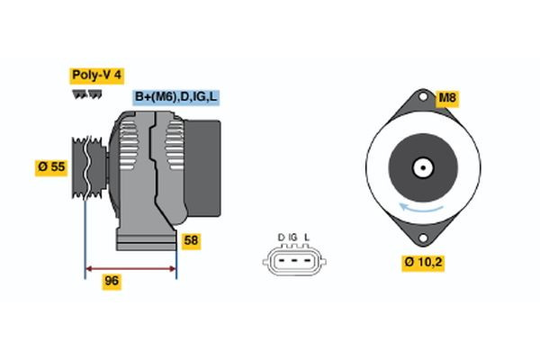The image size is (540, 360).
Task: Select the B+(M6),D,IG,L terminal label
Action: click(176, 97)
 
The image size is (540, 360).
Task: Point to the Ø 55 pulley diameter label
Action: click(52, 167)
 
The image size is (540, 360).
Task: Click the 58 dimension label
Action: click(191, 240)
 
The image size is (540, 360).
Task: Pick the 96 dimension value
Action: click(112, 281)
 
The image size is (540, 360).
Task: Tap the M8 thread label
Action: click(447, 98)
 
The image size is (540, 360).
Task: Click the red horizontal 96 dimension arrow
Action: click(130, 267)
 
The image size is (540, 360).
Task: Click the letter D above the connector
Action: click(281, 238)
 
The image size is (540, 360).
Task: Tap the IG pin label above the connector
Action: click(293, 238)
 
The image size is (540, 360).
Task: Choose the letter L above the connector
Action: click(307, 238)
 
